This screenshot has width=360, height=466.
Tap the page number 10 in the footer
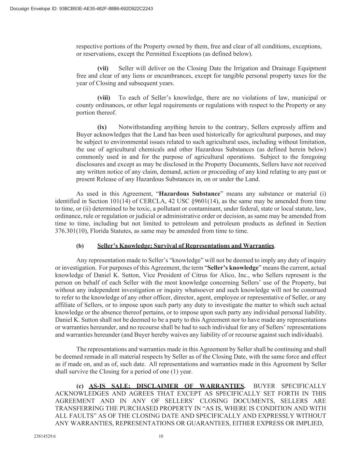[161, 436]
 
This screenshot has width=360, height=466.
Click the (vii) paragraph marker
[103, 68]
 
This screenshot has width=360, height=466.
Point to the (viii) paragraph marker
[104, 98]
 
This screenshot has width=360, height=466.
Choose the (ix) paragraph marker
[102, 127]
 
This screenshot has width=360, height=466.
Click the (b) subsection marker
[80, 246]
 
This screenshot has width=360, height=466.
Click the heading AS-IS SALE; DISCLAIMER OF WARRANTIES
[167, 386]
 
